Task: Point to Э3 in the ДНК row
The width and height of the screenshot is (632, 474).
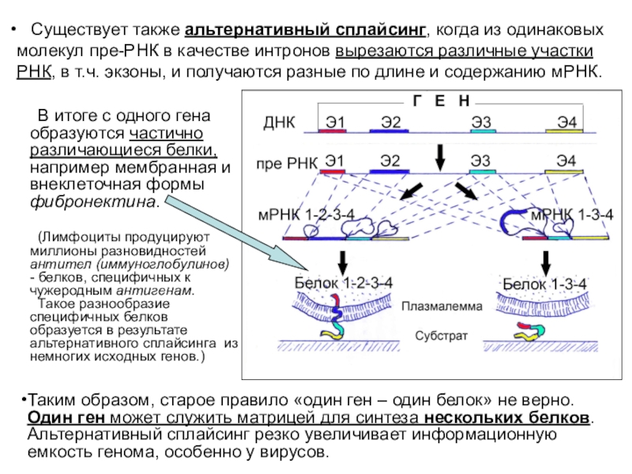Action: [x=481, y=122]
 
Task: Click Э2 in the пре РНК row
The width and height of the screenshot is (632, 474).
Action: [x=389, y=162]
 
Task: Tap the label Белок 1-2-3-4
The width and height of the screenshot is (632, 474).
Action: [x=343, y=282]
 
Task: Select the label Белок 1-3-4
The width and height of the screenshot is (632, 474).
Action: [x=545, y=283]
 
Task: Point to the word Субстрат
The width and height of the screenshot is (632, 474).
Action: [x=442, y=335]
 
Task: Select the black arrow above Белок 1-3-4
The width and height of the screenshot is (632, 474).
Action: [x=545, y=261]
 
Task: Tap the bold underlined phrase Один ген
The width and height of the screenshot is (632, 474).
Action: [x=66, y=418]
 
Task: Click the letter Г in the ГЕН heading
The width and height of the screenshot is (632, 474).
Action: [x=417, y=102]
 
